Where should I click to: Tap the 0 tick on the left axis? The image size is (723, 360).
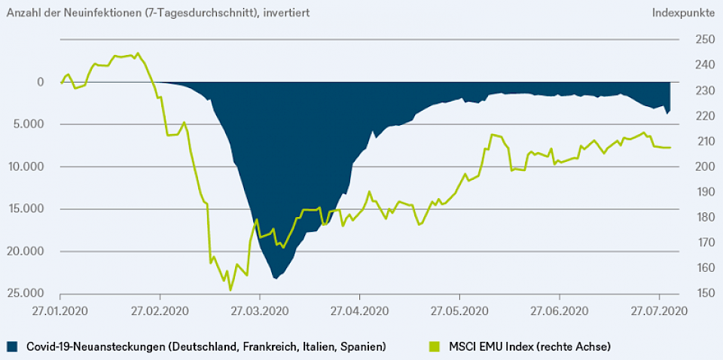tap(41, 82)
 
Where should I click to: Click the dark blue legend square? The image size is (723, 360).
tap(12, 346)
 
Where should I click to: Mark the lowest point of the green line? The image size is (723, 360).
tap(230, 290)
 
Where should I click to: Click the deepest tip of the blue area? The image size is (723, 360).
tap(276, 279)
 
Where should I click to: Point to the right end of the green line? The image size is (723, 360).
tap(670, 148)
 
